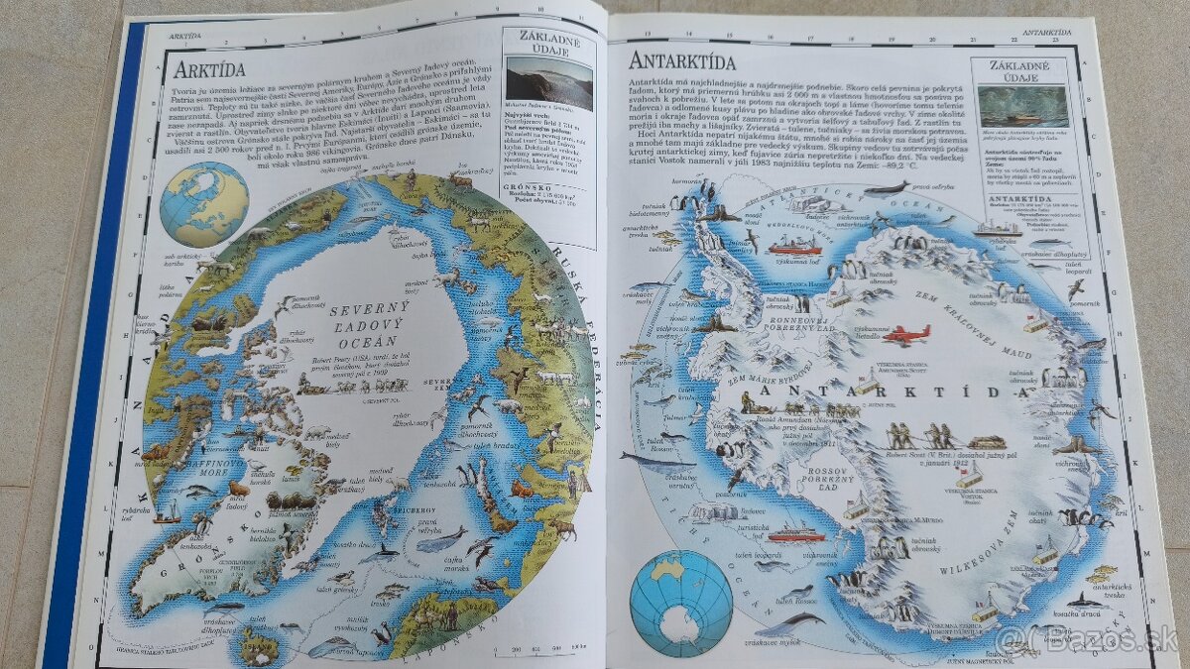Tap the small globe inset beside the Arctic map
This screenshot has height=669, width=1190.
[x=207, y=204]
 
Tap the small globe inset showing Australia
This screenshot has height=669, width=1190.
[x=681, y=603]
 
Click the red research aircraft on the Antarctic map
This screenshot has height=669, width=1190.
[x=906, y=335]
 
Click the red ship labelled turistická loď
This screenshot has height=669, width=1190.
[x=796, y=535]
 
